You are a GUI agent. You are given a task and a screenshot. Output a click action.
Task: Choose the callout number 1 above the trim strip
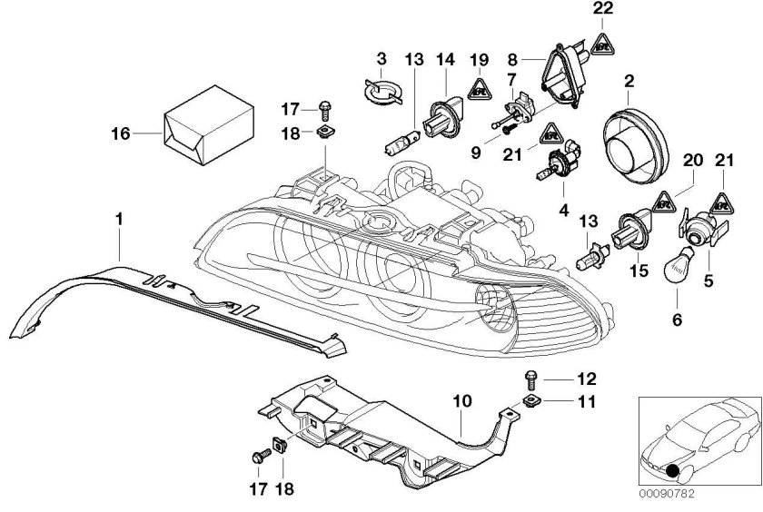119,220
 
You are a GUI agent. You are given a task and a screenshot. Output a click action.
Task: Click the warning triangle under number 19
481,88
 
